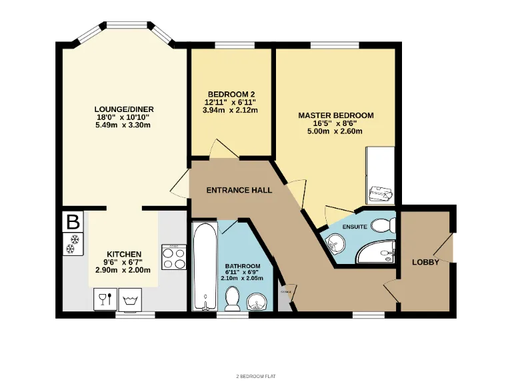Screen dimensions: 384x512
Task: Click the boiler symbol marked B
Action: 73,221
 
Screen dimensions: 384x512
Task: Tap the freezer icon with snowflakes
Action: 73,245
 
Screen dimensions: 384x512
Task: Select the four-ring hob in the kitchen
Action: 174,257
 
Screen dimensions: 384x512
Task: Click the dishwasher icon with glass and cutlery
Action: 103,299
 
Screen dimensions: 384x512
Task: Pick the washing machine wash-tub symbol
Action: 129,300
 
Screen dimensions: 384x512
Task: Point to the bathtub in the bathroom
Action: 204,267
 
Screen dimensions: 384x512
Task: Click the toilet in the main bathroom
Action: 233,299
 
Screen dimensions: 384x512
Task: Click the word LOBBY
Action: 425,262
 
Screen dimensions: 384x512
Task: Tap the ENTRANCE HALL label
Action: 239,190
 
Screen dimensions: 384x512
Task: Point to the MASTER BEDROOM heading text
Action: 335,115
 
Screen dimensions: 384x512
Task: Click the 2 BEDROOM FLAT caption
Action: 255,376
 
